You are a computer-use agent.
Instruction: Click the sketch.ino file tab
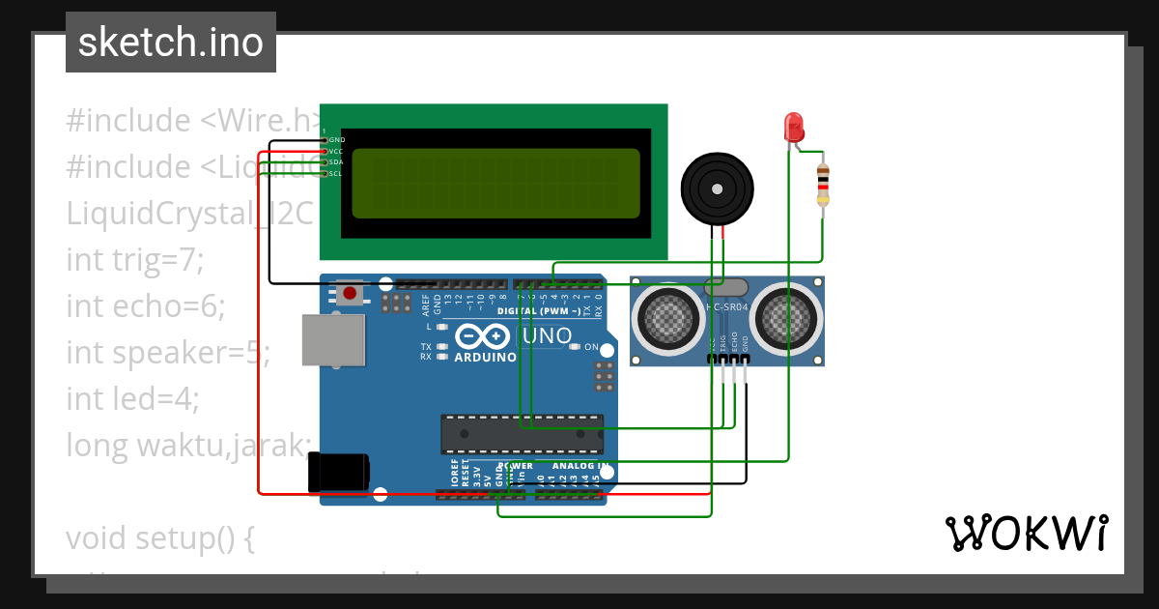170,43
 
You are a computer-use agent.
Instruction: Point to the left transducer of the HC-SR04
668,315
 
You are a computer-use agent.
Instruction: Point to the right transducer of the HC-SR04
786,315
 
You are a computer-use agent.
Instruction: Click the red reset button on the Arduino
350,292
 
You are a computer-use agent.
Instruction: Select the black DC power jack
338,473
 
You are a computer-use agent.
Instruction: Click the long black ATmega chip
522,434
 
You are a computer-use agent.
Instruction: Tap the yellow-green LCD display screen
495,184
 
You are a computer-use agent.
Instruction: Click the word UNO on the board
547,335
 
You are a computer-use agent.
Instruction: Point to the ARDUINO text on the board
485,357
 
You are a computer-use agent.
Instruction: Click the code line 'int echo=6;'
145,305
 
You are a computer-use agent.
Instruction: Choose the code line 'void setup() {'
160,537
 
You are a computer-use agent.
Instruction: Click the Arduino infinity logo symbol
482,335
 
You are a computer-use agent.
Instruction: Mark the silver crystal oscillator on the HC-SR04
726,287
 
